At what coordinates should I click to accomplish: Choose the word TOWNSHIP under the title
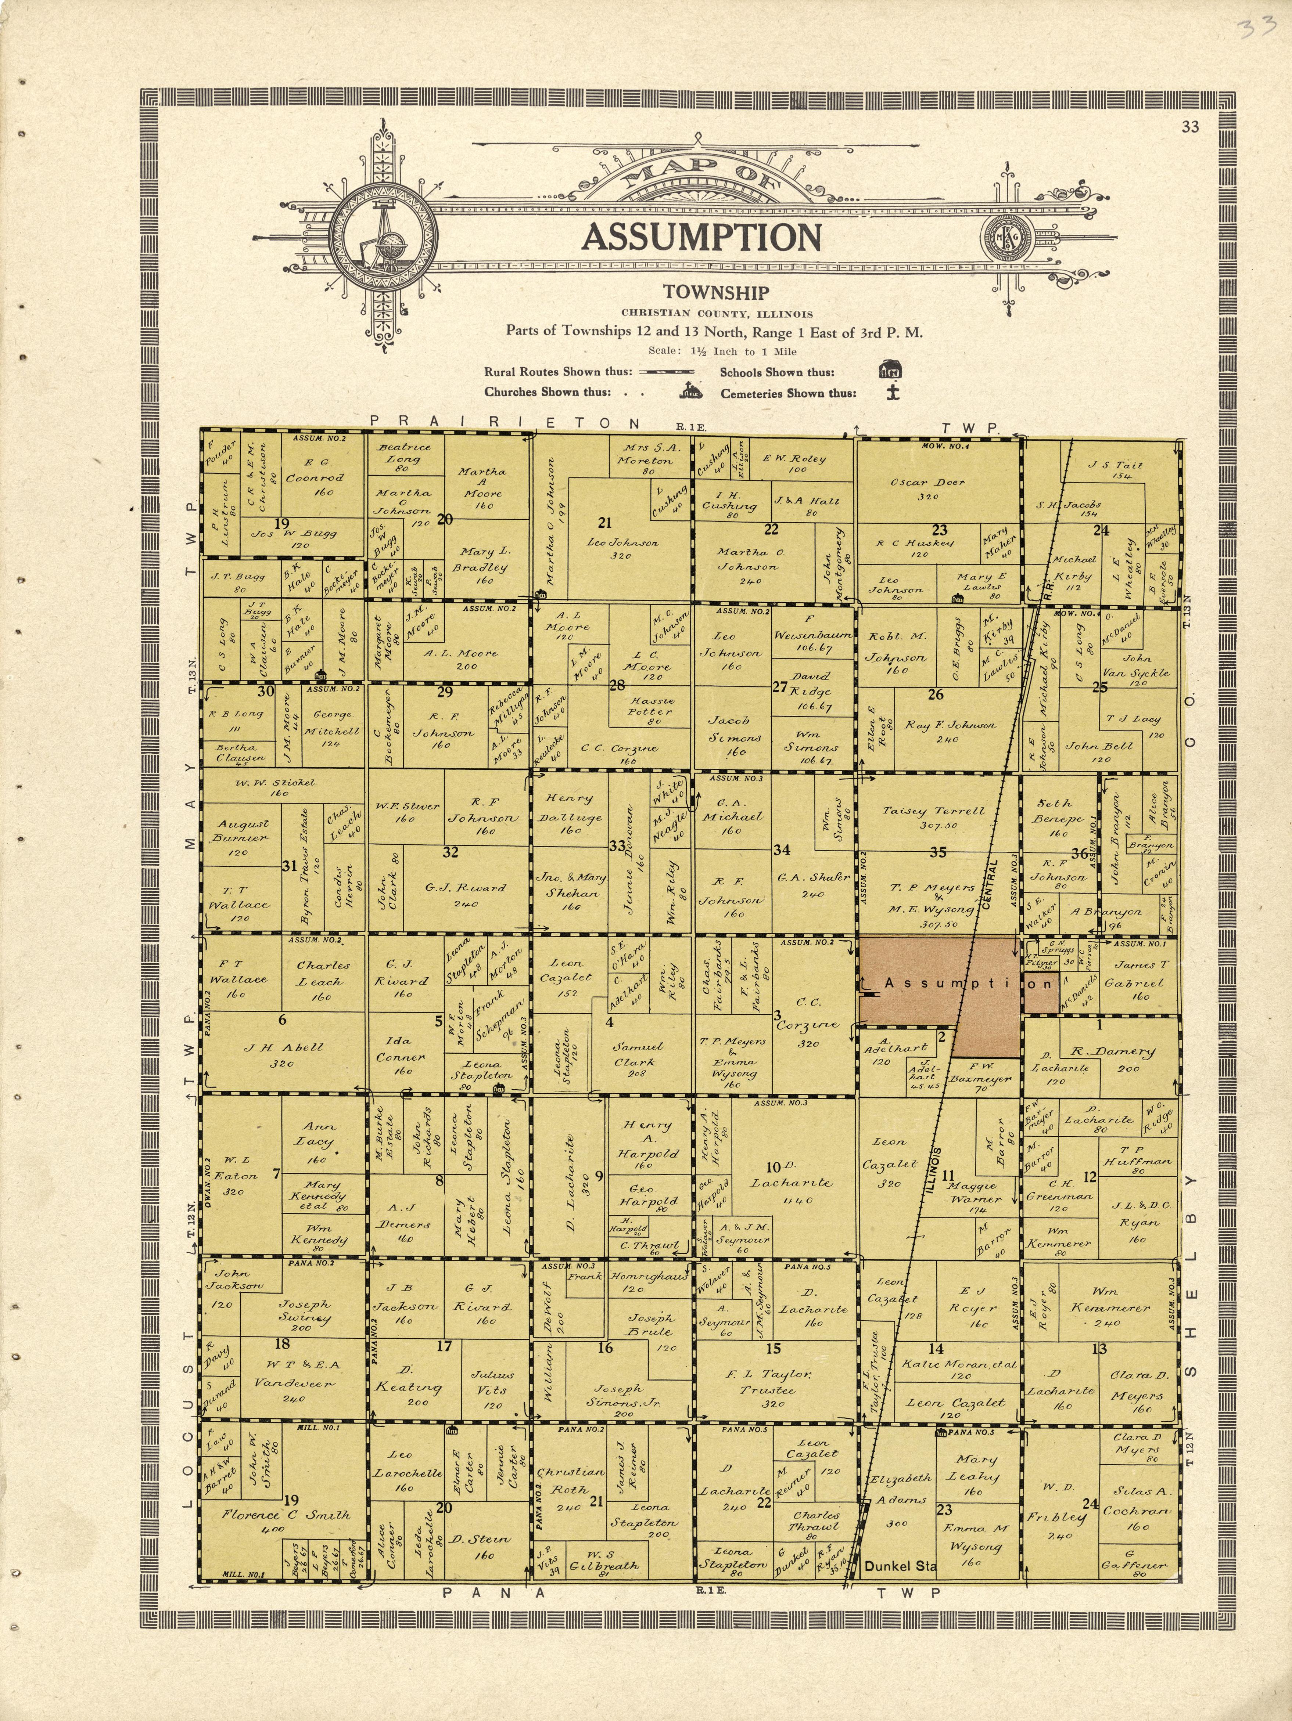[716, 293]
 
